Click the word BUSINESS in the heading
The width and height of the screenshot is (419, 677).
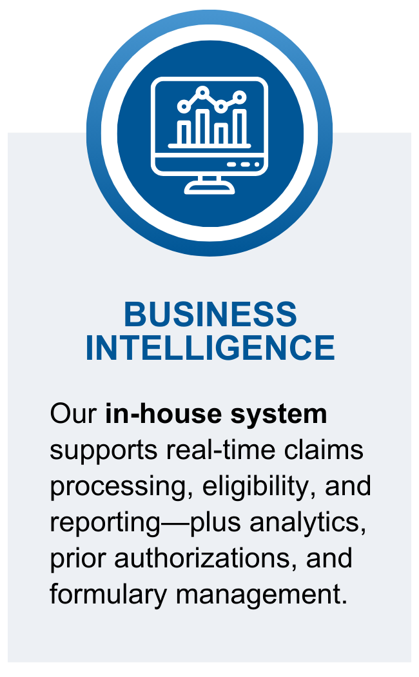point(209,315)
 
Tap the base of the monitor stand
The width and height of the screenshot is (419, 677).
point(209,189)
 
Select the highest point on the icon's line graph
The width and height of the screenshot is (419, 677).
point(204,93)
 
